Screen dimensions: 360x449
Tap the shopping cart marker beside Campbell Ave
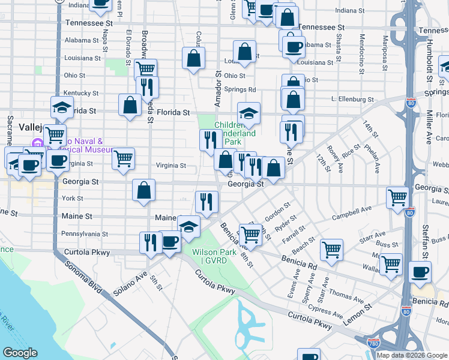click(398, 198)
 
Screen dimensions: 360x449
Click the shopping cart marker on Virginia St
click(123, 159)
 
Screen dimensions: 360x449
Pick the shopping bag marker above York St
click(144, 191)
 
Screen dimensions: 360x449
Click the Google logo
click(20, 353)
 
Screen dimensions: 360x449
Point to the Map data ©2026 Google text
click(412, 355)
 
